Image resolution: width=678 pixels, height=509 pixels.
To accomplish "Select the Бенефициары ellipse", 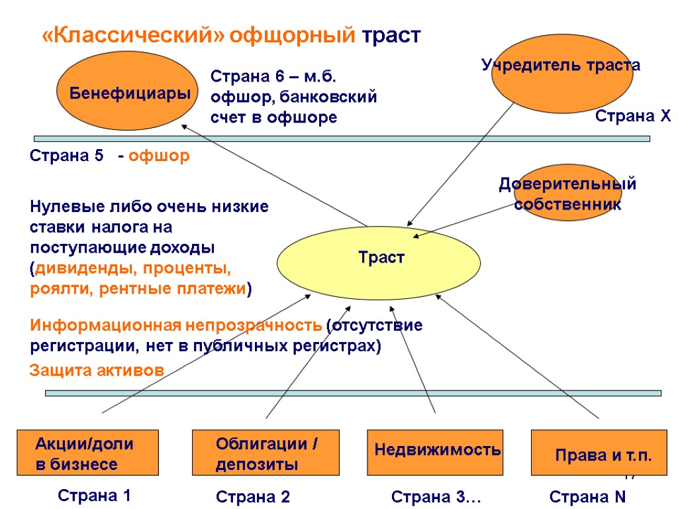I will (x=124, y=92).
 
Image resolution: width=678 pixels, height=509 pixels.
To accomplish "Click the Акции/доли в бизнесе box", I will (x=87, y=453).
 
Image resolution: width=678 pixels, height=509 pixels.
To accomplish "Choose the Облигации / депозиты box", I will (x=266, y=453).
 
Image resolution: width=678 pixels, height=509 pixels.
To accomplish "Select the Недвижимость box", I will (x=437, y=452).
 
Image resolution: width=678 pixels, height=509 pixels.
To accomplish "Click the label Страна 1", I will (x=94, y=495).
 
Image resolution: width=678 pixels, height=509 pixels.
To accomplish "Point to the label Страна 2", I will (x=254, y=497).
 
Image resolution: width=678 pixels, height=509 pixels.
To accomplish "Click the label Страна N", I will (x=589, y=497).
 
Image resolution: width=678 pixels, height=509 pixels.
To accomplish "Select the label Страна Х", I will (x=633, y=117).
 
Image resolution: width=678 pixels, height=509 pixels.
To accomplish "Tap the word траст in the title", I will (x=391, y=35).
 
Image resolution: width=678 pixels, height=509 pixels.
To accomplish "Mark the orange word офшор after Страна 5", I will (x=160, y=156).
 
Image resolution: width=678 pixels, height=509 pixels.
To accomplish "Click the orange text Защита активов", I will (x=97, y=371).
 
